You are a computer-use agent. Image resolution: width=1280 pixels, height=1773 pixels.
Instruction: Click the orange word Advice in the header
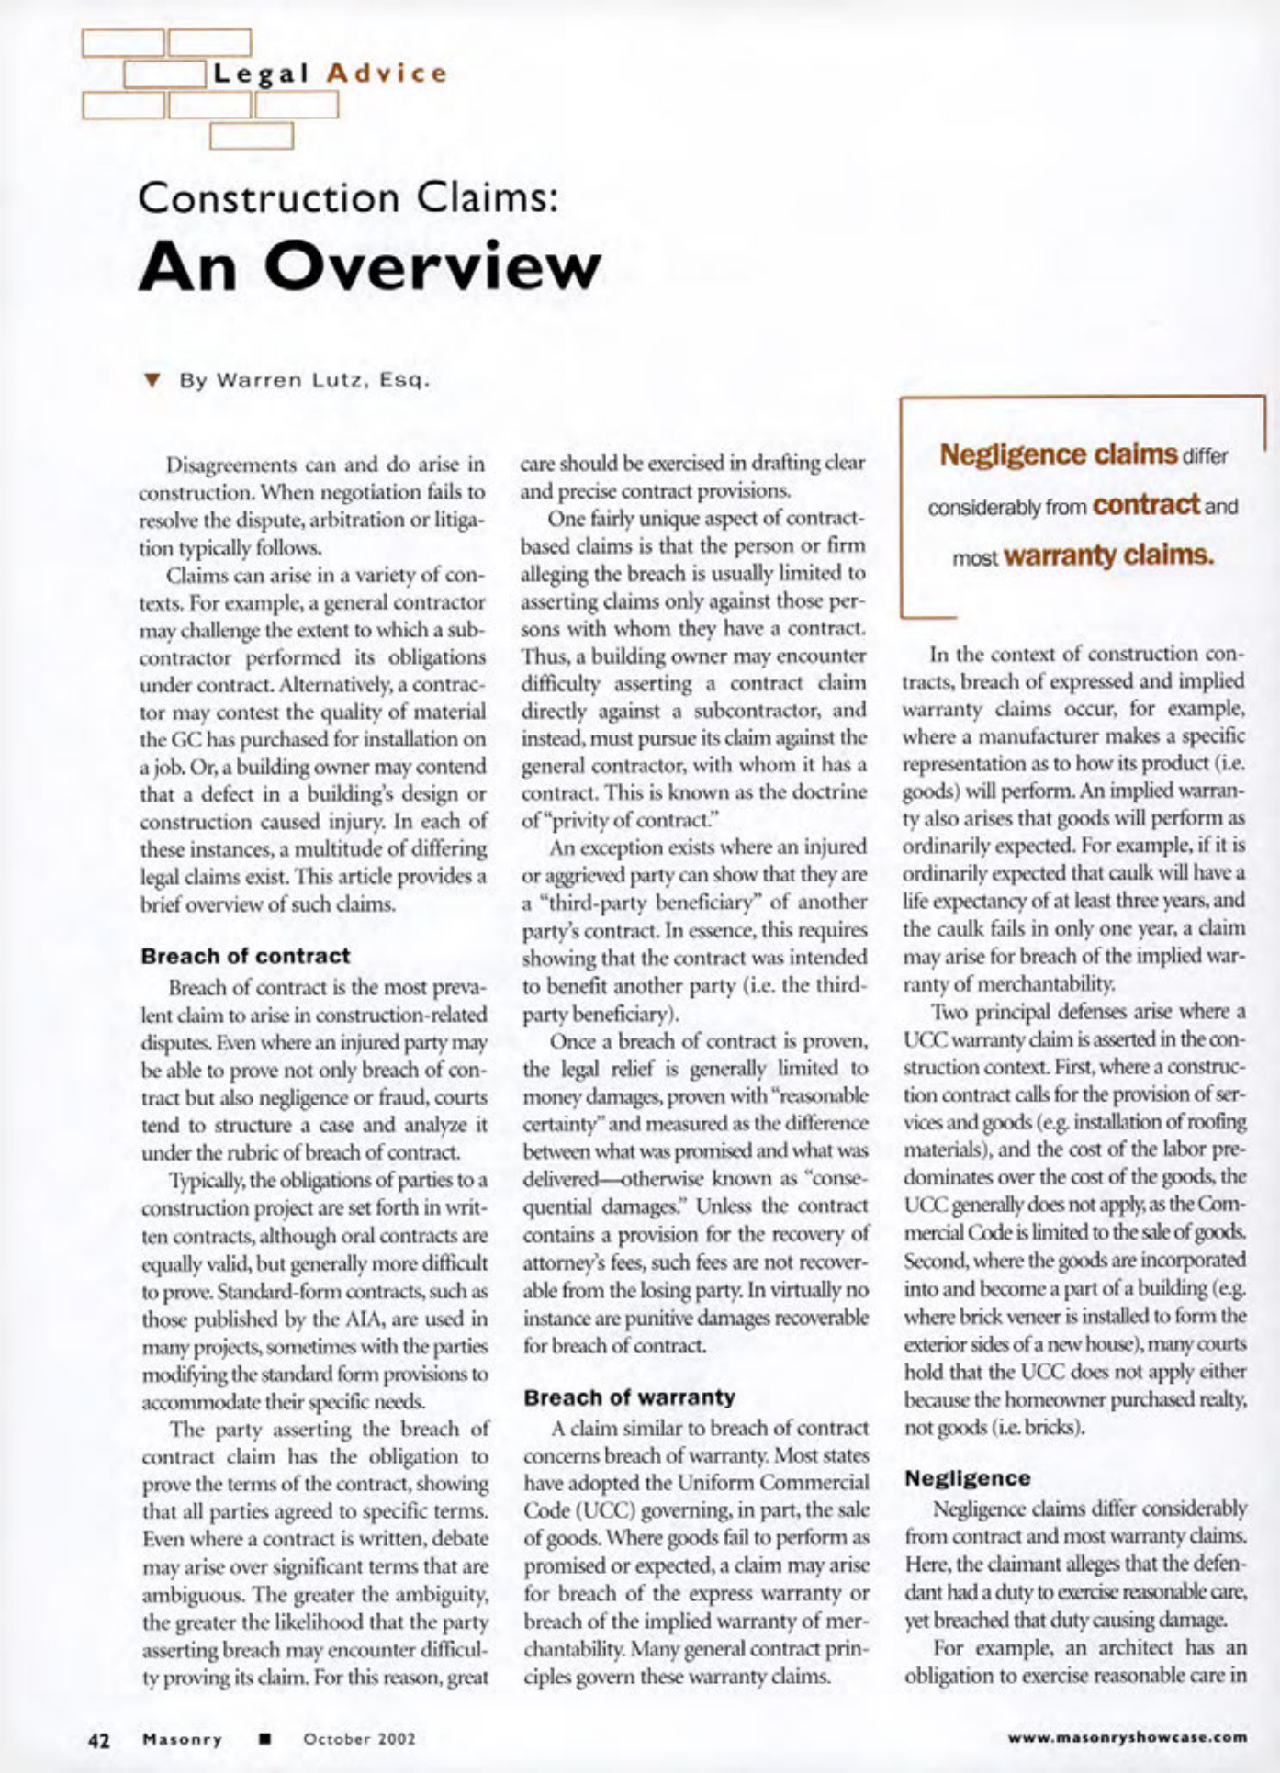387,73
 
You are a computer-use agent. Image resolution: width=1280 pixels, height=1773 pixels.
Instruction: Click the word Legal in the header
261,73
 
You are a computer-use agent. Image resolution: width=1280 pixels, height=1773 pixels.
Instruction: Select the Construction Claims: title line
349,198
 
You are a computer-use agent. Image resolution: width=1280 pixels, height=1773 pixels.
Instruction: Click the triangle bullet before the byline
152,380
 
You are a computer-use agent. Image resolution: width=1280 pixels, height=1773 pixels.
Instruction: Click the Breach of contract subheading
245,956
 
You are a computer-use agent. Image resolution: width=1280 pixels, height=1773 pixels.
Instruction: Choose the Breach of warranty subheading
629,1397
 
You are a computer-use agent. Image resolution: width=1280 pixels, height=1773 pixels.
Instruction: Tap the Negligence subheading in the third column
968,1478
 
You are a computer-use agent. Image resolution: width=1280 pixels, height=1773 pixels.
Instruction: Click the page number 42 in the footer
98,1739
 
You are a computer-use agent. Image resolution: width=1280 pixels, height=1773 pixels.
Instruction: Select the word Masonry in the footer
183,1739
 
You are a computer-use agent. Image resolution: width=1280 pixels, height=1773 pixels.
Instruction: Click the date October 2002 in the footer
359,1739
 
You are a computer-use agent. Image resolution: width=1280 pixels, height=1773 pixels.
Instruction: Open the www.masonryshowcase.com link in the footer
1128,1736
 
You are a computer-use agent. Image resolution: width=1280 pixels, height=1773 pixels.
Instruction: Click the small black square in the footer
264,1738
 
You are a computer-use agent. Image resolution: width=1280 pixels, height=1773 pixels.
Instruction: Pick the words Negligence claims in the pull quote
1059,454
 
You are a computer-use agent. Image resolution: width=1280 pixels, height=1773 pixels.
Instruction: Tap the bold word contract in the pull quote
1147,505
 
